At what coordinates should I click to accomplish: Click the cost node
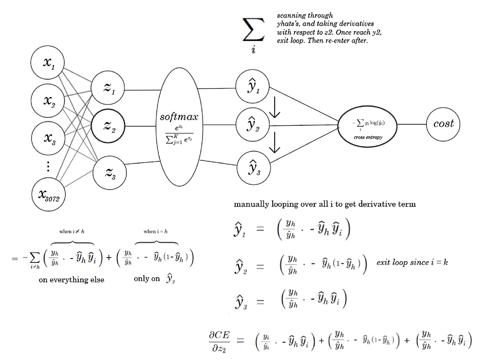[x=444, y=124]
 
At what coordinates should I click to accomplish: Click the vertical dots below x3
[x=48, y=166]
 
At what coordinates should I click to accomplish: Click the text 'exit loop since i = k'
[x=412, y=262]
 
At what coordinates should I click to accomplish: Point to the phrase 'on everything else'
[x=72, y=280]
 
